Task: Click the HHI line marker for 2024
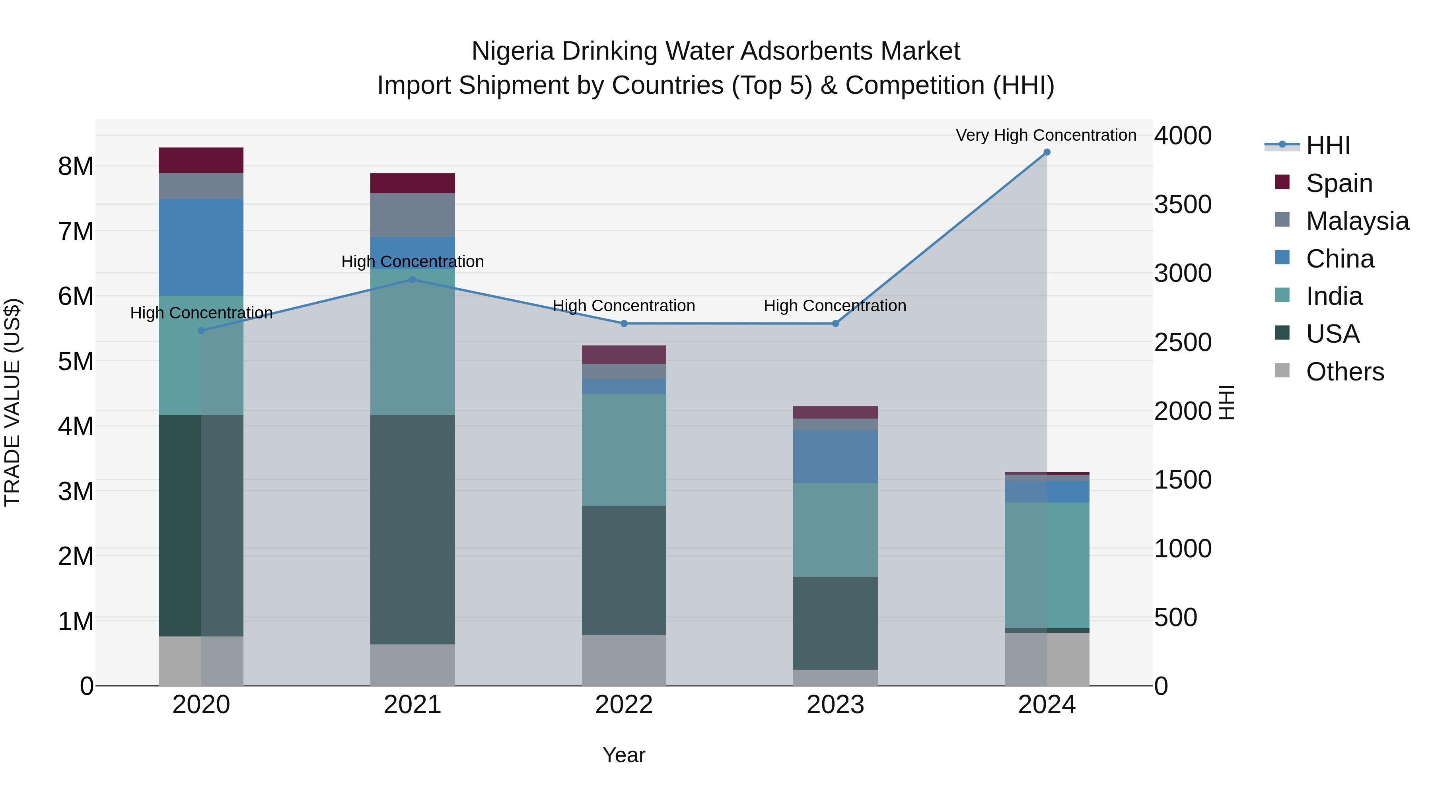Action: [x=1047, y=152]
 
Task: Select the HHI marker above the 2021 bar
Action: [x=412, y=279]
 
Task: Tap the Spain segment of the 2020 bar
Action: [x=201, y=160]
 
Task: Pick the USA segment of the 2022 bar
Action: [x=624, y=570]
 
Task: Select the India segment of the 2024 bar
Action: [x=1047, y=564]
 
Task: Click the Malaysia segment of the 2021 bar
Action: [x=412, y=215]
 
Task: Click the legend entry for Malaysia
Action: [x=1356, y=221]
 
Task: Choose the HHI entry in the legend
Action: [x=1327, y=145]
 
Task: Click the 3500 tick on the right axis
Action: [x=1183, y=204]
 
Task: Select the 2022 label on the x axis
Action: [x=624, y=705]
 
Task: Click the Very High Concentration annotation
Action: [x=1046, y=135]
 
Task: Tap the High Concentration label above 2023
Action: [x=835, y=306]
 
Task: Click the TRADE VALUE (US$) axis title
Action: [x=12, y=402]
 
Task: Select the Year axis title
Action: [x=624, y=755]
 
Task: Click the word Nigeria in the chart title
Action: [x=513, y=51]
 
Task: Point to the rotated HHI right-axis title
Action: [x=1226, y=402]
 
